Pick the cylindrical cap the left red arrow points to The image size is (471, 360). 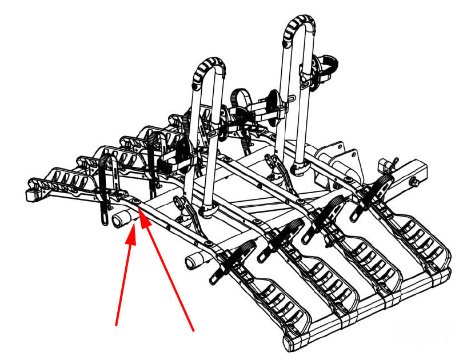tap(122, 219)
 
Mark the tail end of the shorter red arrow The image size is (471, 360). tap(117, 326)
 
